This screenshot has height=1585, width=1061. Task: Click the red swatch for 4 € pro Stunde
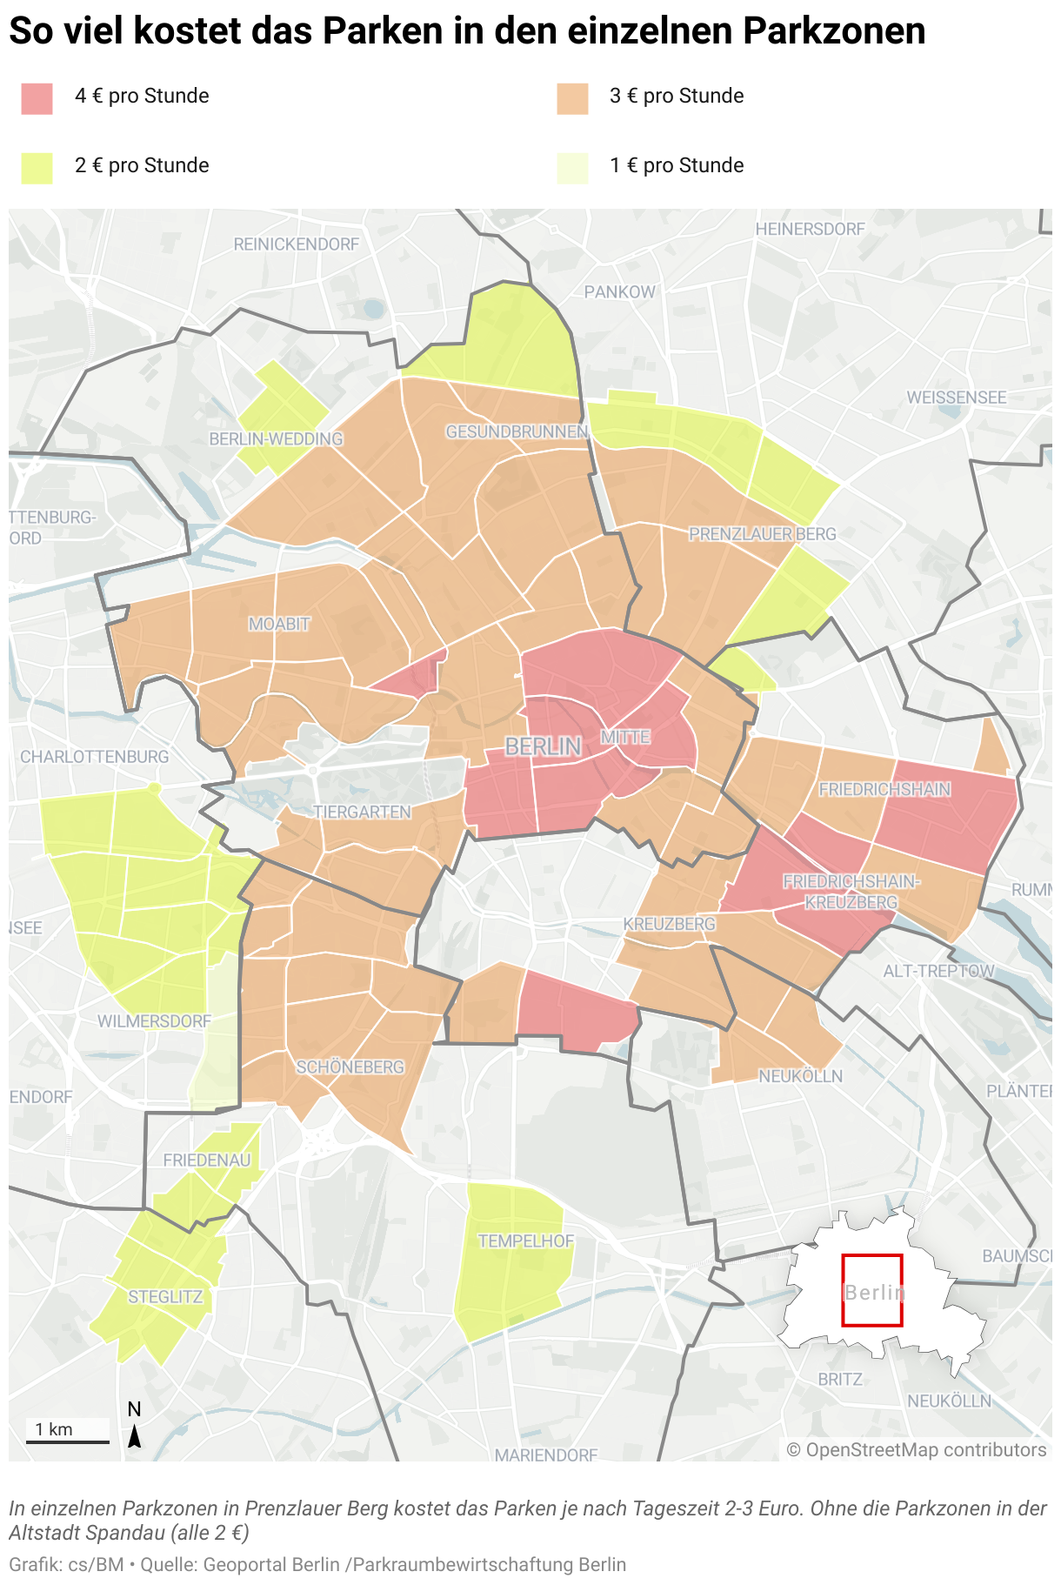[37, 98]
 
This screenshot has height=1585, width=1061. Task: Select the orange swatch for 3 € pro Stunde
[572, 98]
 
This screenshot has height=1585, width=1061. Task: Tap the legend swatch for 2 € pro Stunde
[37, 168]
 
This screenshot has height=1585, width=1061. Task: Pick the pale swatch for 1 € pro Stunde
[572, 168]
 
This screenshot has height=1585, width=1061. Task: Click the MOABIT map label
[279, 624]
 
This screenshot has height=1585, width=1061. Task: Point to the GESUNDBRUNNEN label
[517, 431]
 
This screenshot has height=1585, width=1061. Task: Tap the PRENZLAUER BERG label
[762, 534]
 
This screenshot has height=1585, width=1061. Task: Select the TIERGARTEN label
[362, 812]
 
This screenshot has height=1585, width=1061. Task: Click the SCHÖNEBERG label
[350, 1067]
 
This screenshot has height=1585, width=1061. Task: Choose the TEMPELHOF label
[526, 1241]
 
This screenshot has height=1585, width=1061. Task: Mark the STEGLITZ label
[165, 1297]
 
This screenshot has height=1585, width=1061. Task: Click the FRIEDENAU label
[207, 1160]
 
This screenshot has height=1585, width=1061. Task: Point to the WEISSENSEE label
[957, 398]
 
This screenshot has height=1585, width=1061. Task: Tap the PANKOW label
[619, 292]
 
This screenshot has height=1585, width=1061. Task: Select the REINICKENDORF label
[296, 244]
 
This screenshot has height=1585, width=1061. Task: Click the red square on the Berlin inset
[872, 1290]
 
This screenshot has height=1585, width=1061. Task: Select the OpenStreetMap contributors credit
[917, 1450]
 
